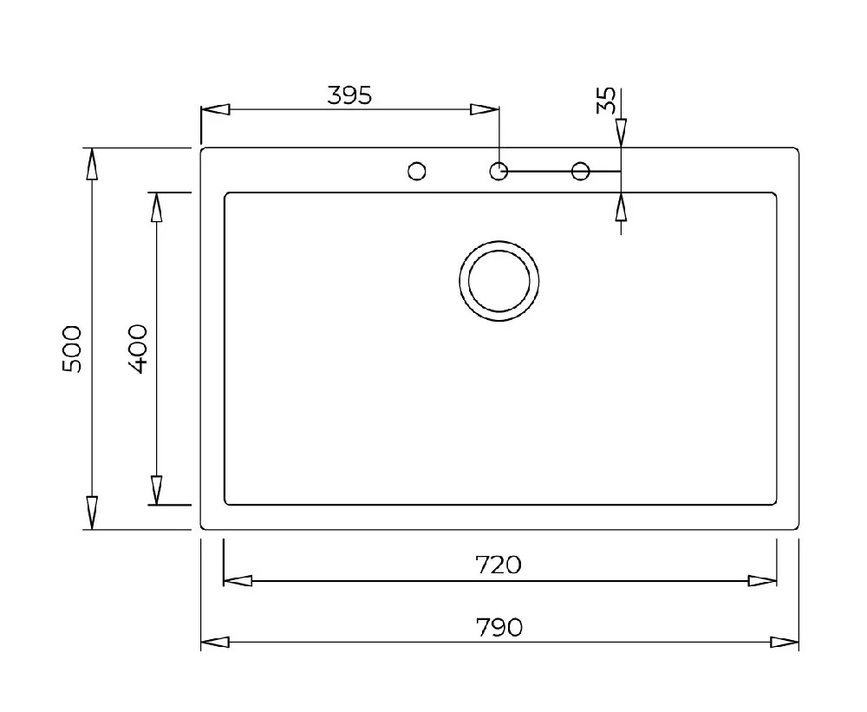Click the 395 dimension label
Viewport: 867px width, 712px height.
click(x=349, y=95)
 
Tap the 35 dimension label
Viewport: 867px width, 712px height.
click(x=606, y=100)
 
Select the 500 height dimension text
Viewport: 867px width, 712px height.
click(x=72, y=349)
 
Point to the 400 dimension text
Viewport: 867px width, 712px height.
click(x=137, y=349)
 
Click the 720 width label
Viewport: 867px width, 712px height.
click(x=499, y=565)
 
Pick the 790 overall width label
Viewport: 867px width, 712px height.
click(x=499, y=627)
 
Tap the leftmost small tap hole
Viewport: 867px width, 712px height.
click(x=417, y=171)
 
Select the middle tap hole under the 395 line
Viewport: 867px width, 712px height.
click(x=499, y=171)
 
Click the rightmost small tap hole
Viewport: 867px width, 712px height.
click(x=581, y=171)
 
